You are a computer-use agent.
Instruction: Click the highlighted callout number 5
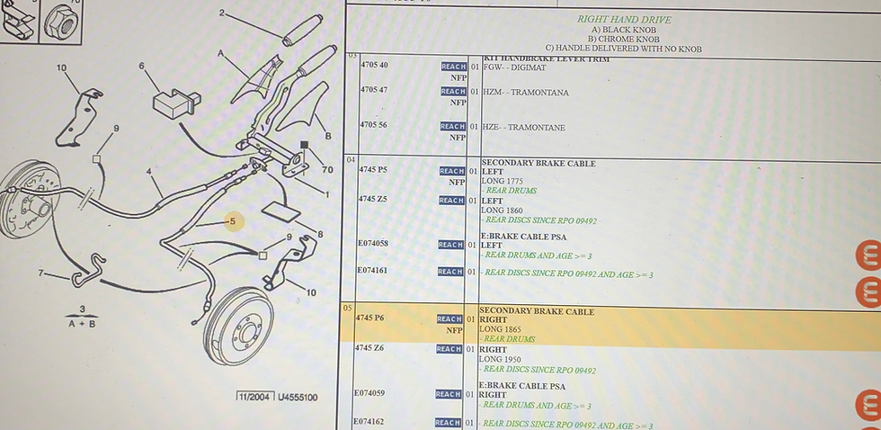[x=232, y=220]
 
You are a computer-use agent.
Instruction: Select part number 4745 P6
[x=369, y=318]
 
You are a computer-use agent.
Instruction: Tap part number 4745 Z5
[x=372, y=199]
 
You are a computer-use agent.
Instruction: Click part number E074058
[x=372, y=244]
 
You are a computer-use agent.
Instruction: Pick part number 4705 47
[x=374, y=90]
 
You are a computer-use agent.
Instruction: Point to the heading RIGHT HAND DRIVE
[x=624, y=20]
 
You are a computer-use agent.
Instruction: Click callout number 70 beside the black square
[x=327, y=168]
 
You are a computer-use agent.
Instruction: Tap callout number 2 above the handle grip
[x=222, y=13]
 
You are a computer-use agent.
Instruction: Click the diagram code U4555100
[x=298, y=397]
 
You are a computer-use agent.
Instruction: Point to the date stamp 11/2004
[x=254, y=397]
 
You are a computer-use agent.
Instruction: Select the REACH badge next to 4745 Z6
[x=449, y=349]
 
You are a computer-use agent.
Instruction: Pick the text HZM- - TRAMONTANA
[x=526, y=93]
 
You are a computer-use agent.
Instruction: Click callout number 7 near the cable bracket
[x=41, y=273]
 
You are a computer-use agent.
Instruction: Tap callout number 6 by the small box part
[x=141, y=66]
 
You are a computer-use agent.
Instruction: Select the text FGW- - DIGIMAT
[x=516, y=67]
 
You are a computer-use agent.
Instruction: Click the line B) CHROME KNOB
[x=623, y=39]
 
